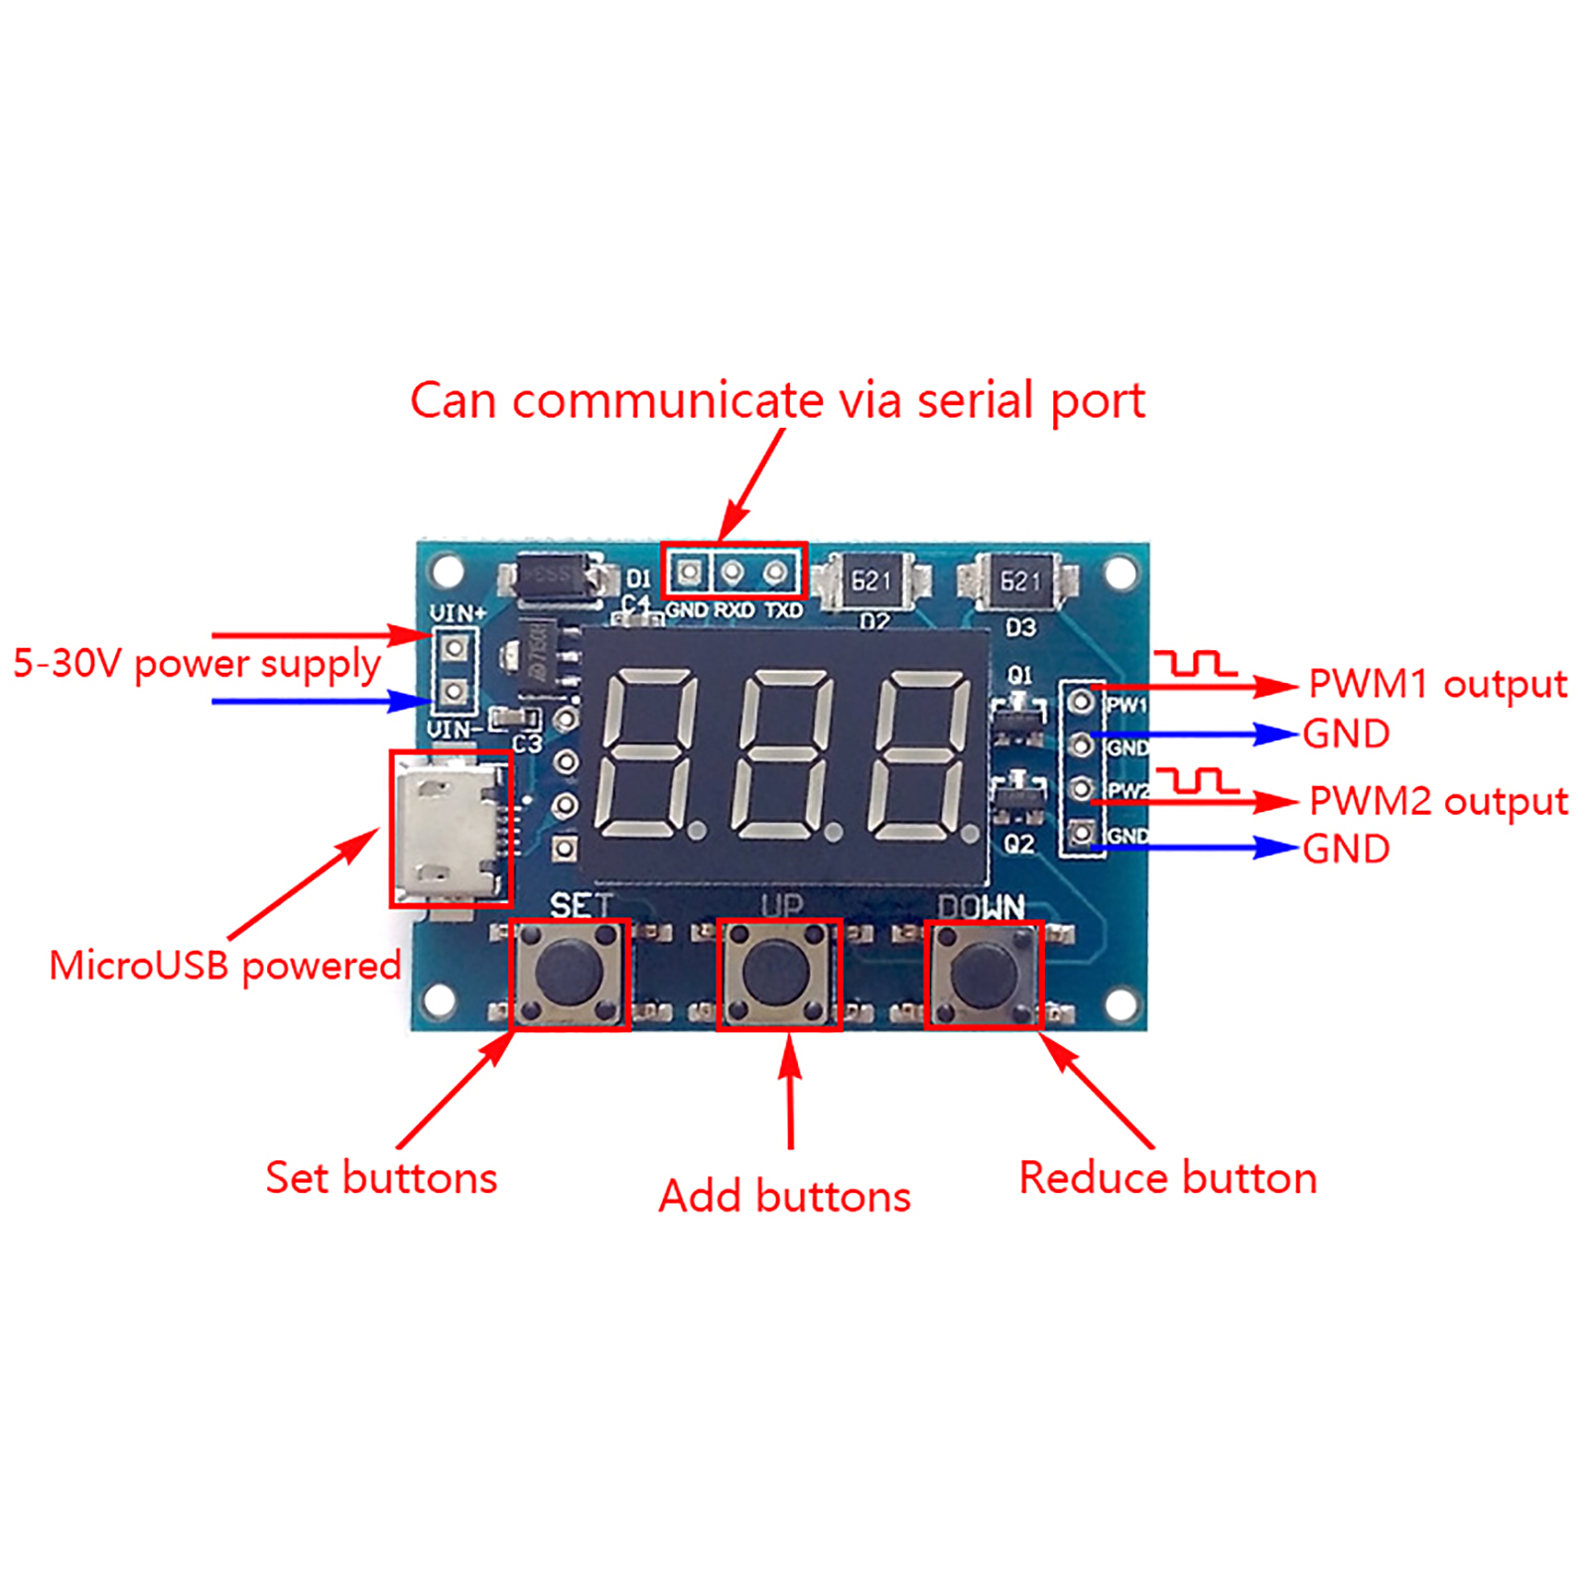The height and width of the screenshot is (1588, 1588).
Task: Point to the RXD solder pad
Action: click(732, 573)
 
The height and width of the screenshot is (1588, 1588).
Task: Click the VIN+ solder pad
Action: click(454, 649)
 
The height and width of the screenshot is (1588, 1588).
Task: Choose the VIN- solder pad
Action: click(454, 691)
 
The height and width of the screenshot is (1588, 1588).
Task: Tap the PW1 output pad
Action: click(1081, 703)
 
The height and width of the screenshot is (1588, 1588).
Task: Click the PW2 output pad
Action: click(1081, 790)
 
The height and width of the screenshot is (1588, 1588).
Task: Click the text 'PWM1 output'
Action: click(1437, 685)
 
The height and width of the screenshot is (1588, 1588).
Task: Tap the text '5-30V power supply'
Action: click(197, 664)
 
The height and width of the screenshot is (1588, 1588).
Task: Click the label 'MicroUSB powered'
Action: click(225, 966)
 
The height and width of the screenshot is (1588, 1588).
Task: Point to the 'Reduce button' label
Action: click(1167, 1178)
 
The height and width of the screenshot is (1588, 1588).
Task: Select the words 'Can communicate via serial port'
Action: click(777, 401)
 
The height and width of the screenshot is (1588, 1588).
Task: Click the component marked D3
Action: click(1018, 582)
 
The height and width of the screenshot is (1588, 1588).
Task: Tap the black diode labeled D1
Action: click(552, 578)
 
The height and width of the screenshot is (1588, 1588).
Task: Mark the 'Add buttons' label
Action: click(784, 1197)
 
